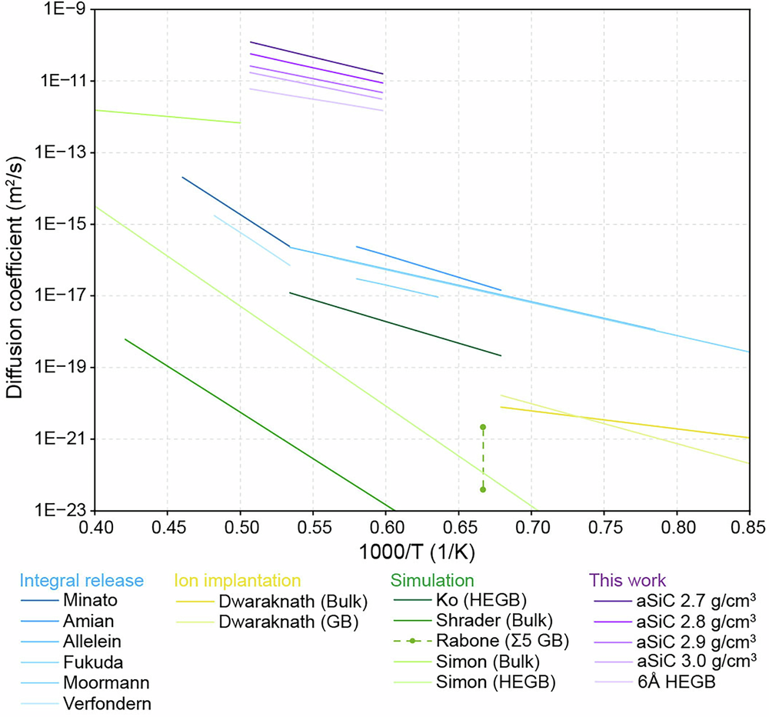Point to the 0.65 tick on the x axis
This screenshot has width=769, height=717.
click(458, 527)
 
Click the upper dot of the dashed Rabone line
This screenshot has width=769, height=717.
click(483, 427)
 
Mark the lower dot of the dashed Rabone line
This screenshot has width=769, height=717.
click(483, 489)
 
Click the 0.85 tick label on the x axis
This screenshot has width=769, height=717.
click(748, 527)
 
